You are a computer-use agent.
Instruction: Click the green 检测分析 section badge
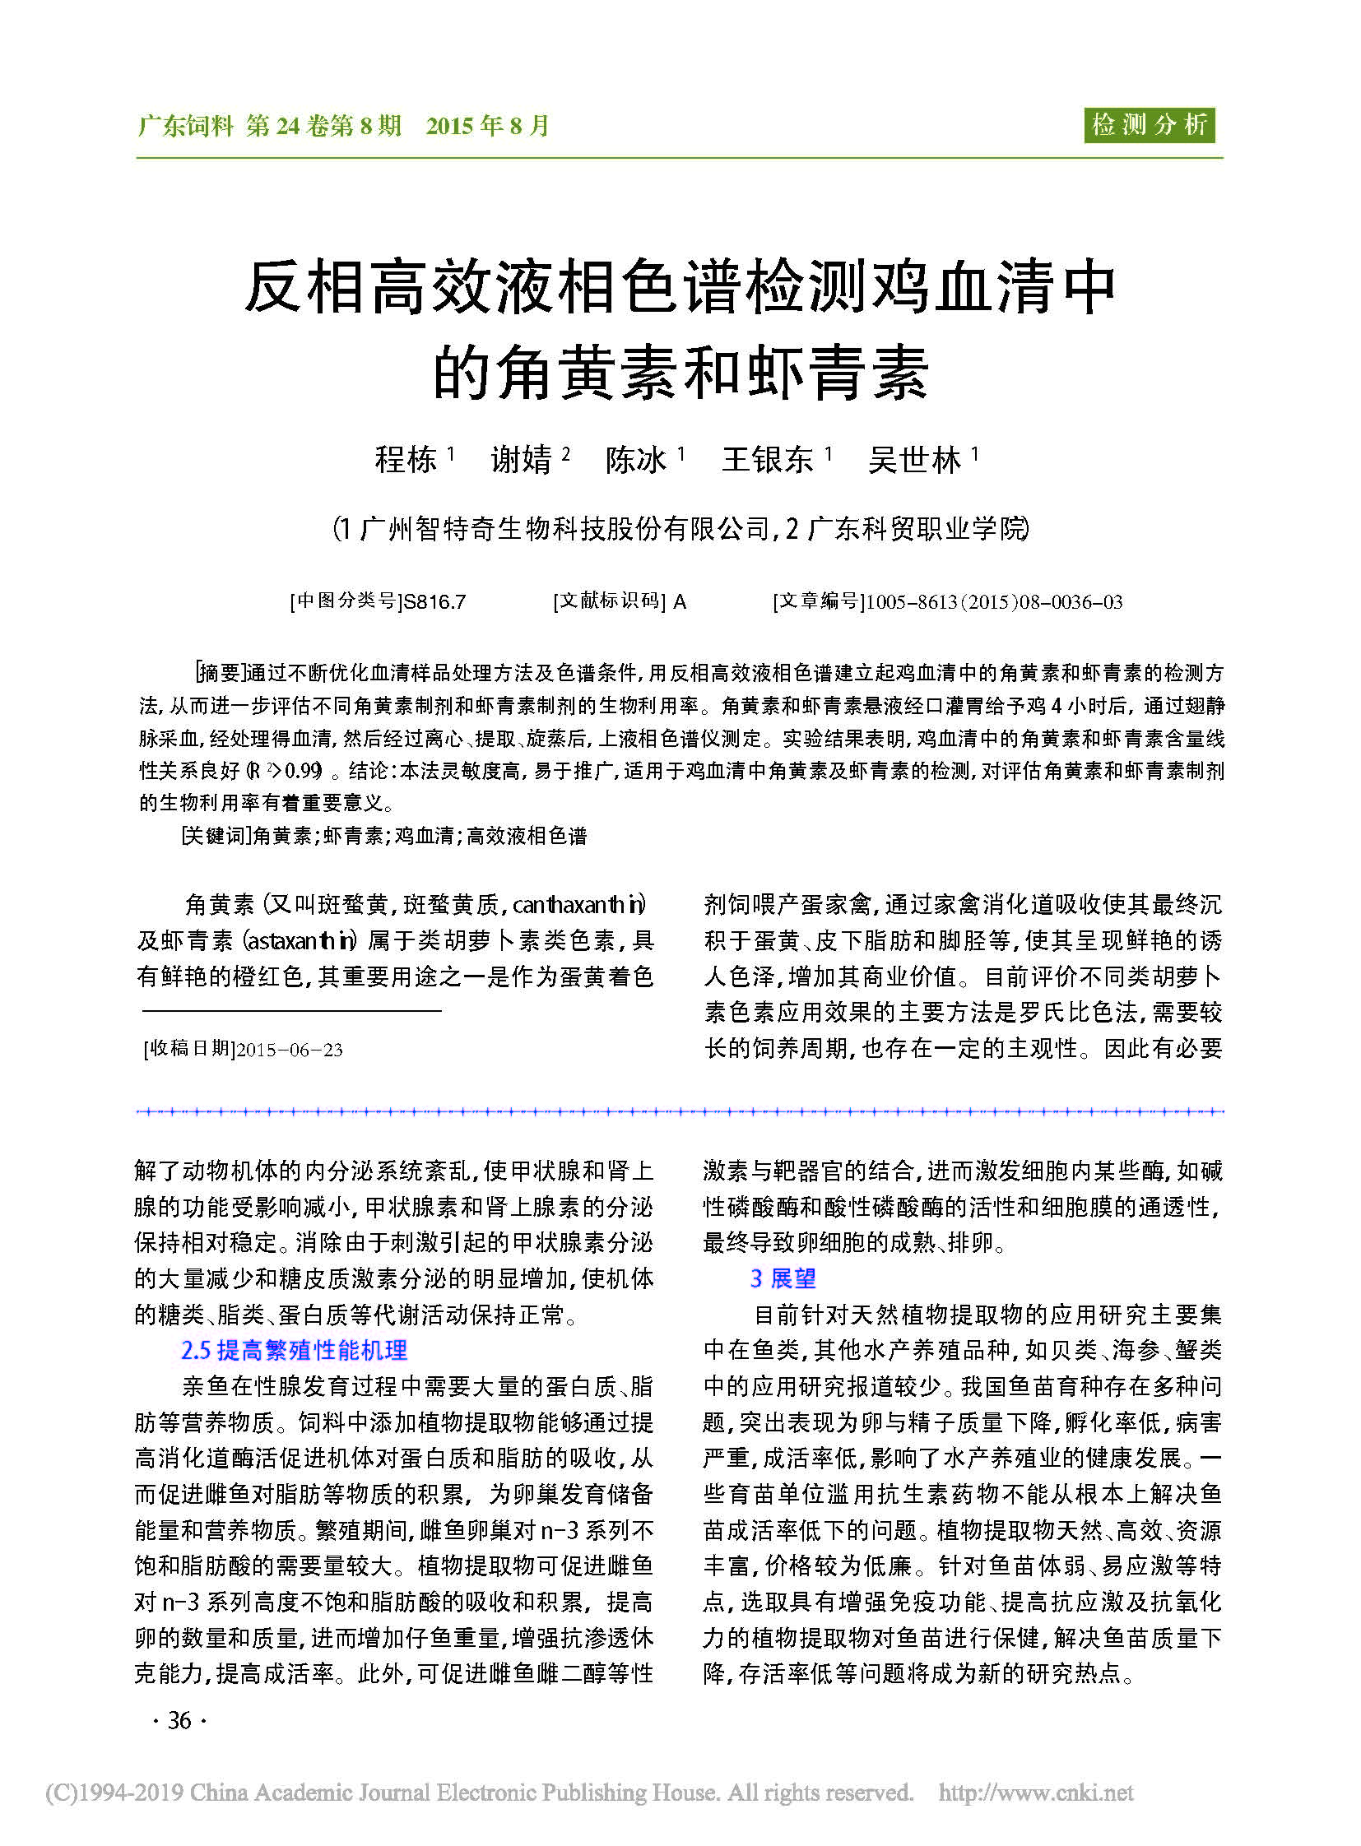coord(1149,125)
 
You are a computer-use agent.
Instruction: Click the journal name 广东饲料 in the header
coord(186,126)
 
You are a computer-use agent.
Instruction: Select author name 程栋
coord(406,460)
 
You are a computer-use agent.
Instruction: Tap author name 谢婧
coord(521,460)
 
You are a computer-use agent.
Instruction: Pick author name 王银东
coord(767,460)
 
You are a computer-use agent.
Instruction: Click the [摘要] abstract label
coord(219,673)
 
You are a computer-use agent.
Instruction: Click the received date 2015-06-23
coord(289,1050)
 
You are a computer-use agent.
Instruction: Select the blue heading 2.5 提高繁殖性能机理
coord(294,1350)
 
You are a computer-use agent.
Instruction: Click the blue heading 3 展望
coord(783,1278)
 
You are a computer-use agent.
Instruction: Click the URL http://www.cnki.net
coord(1036,1793)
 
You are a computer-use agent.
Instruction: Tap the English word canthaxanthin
coord(578,905)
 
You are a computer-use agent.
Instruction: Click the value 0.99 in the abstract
coord(304,771)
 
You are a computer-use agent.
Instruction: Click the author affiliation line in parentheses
coord(680,529)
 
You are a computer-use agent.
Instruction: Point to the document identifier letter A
coord(680,602)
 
